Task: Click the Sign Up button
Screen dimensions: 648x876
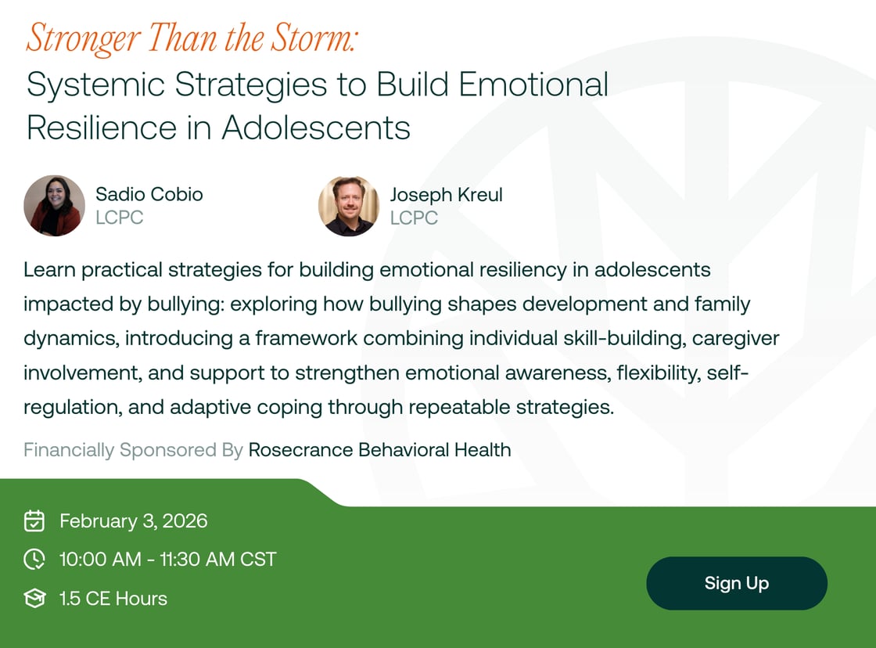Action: pyautogui.click(x=736, y=583)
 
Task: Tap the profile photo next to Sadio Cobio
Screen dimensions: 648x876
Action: pyautogui.click(x=54, y=206)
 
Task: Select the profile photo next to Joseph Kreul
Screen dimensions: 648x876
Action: pyautogui.click(x=348, y=206)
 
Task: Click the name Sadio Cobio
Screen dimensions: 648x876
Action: pyautogui.click(x=149, y=194)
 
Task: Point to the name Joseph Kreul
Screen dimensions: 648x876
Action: pyautogui.click(x=446, y=194)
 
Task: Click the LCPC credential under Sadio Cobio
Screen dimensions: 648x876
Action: pyautogui.click(x=120, y=218)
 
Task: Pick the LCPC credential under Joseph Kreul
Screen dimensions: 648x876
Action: pyautogui.click(x=414, y=218)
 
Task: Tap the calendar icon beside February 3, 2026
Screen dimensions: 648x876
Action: pyautogui.click(x=34, y=521)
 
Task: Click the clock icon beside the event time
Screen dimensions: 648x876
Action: pyautogui.click(x=34, y=560)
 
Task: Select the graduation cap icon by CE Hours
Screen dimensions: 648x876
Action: pyautogui.click(x=34, y=599)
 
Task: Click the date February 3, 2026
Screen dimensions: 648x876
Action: pyautogui.click(x=133, y=521)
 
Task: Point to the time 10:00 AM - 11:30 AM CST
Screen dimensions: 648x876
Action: pyautogui.click(x=167, y=560)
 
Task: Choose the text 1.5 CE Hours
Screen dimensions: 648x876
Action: pyautogui.click(x=113, y=599)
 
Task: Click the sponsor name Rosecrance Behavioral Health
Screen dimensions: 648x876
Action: pyautogui.click(x=379, y=450)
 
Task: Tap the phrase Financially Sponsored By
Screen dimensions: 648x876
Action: pyautogui.click(x=133, y=450)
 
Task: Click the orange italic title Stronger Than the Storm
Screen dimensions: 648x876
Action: pyautogui.click(x=192, y=38)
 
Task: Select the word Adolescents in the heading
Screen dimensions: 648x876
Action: pyautogui.click(x=315, y=128)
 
